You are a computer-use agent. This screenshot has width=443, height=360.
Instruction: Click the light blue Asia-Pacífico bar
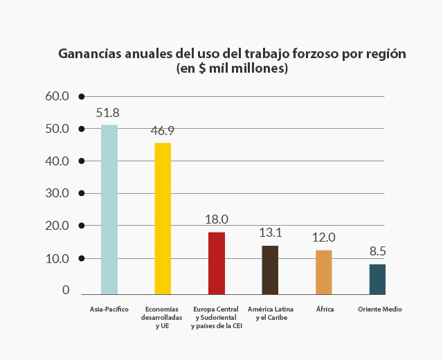click(x=109, y=209)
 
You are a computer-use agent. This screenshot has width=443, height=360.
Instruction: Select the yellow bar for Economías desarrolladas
click(x=163, y=218)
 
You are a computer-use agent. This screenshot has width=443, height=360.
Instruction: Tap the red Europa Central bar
click(x=217, y=263)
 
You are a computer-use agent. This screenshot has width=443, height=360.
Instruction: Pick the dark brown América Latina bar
click(x=270, y=270)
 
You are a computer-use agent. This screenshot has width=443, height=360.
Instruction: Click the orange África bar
click(x=324, y=272)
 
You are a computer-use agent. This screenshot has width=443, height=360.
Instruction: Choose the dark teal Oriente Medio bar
click(x=377, y=279)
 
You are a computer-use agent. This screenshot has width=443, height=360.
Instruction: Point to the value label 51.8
click(x=108, y=112)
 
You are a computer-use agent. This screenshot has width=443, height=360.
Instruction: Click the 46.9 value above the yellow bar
click(x=163, y=130)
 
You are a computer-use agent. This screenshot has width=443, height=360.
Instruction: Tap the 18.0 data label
click(x=217, y=219)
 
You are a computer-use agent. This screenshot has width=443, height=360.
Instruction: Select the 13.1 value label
click(x=270, y=233)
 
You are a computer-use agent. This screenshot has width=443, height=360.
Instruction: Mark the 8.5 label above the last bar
click(x=377, y=252)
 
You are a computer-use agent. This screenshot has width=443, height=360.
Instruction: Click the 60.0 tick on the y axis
click(x=57, y=96)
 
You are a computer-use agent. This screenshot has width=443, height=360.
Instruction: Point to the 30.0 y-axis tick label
click(x=57, y=193)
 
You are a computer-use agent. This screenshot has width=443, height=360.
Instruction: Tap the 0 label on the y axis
click(x=66, y=290)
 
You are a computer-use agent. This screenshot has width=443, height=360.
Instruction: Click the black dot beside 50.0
click(x=82, y=129)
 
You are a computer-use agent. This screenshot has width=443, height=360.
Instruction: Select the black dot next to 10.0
click(x=82, y=258)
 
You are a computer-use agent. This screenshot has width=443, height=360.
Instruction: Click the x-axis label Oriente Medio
click(x=379, y=309)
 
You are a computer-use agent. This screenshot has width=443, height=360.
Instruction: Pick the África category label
click(x=325, y=309)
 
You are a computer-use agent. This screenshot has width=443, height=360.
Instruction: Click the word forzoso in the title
click(x=313, y=53)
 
